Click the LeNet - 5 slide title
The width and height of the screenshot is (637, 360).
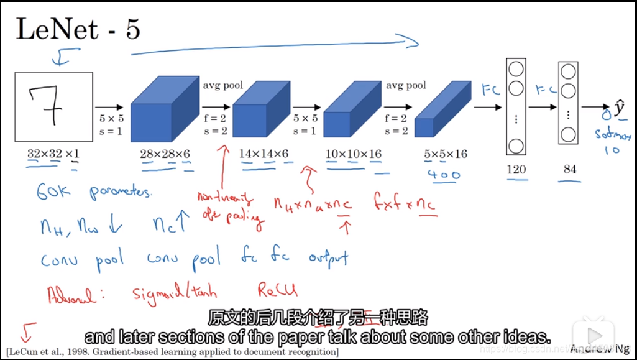tap(78, 30)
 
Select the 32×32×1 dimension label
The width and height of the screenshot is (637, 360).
tap(53, 154)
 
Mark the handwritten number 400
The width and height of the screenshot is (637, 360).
tap(444, 175)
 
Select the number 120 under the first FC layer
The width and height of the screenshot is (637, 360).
tap(516, 169)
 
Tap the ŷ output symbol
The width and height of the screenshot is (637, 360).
tap(619, 108)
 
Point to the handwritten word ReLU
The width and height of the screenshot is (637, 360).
tap(277, 290)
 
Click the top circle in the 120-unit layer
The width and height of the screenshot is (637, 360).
tap(516, 68)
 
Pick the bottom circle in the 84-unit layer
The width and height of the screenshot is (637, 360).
tap(568, 134)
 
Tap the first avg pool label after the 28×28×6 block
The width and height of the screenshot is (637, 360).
tap(222, 85)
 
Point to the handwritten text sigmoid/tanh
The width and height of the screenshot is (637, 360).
tap(175, 292)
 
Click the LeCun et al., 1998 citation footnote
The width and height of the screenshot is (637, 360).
tap(173, 352)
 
